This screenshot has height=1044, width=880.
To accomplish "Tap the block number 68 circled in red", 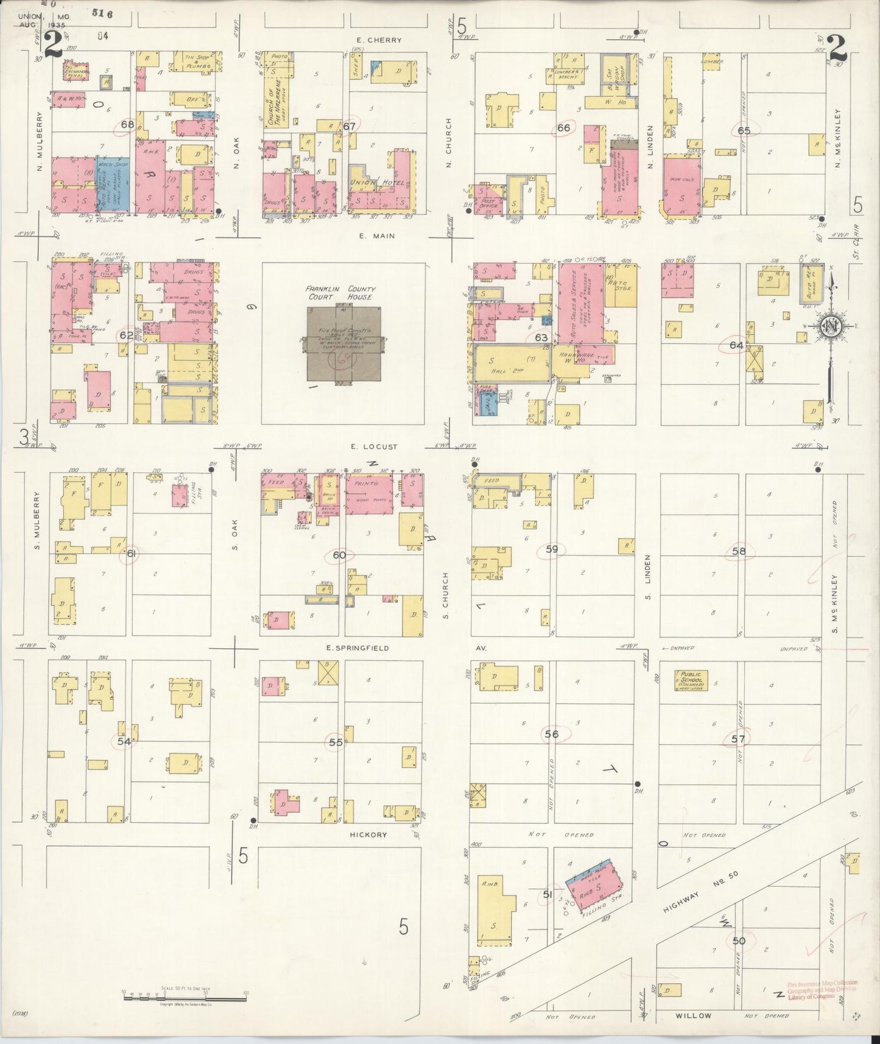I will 127,125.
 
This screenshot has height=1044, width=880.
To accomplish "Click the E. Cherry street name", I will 379,40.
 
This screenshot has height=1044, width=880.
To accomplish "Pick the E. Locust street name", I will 374,446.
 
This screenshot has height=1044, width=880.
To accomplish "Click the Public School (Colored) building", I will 691,680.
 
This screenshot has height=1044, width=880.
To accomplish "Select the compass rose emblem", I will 829,326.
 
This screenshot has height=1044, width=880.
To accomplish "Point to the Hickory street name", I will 369,834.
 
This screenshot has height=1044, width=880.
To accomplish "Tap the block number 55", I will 336,742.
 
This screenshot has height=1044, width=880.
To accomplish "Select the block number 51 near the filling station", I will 547,894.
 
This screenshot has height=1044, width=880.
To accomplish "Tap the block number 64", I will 736,345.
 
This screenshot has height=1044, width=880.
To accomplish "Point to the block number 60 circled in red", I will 339,555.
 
